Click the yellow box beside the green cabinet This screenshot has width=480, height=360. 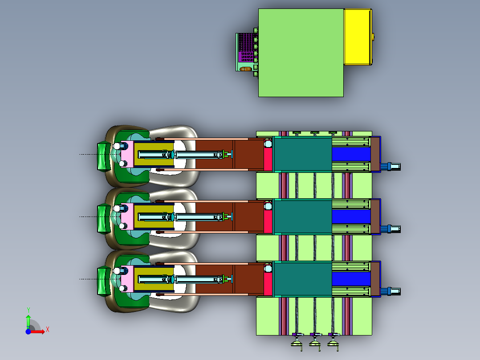point(358,37)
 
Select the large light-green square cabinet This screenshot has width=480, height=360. point(301,53)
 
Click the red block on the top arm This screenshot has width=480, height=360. point(268,159)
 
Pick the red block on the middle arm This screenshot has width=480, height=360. point(268,221)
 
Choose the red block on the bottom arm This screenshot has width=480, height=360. point(268,284)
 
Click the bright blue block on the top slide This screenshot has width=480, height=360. point(351,155)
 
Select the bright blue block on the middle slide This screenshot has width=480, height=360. point(351,217)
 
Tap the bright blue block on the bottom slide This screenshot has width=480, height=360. point(351,279)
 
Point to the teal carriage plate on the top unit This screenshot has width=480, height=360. point(303,154)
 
